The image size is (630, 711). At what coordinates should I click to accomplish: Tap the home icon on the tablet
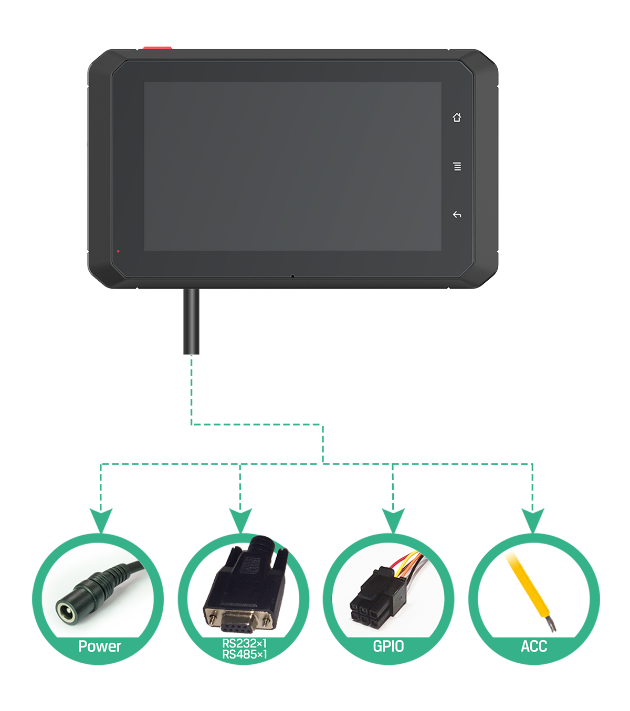click(x=457, y=118)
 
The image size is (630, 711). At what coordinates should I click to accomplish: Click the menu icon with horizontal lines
click(x=457, y=166)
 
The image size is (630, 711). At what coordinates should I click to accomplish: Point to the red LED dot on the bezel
click(x=118, y=251)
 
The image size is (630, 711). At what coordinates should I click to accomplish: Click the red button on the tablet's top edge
click(x=157, y=48)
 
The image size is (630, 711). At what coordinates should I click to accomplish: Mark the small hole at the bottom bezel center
click(x=292, y=276)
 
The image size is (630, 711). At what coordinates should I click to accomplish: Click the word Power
click(x=99, y=646)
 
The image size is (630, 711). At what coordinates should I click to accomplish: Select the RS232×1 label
click(x=245, y=643)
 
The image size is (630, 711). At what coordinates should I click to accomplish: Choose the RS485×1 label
click(x=245, y=654)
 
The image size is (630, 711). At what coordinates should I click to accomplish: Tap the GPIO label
click(x=388, y=646)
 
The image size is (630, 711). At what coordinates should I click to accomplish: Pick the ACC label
click(x=534, y=646)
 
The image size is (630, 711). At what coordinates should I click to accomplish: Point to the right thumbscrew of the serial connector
click(x=267, y=621)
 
